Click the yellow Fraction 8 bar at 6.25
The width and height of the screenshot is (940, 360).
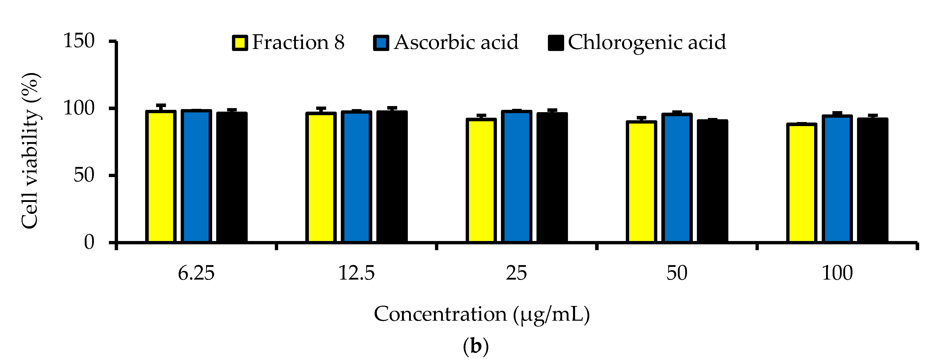[161, 177]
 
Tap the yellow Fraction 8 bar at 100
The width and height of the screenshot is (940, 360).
[801, 183]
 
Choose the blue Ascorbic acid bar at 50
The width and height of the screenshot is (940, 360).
[677, 178]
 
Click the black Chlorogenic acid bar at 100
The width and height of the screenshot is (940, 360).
[872, 181]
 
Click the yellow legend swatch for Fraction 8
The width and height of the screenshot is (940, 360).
[240, 43]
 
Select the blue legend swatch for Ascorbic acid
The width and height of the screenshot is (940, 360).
[381, 43]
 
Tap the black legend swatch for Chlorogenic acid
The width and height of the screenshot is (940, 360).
[556, 43]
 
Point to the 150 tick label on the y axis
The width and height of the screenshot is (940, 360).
[79, 41]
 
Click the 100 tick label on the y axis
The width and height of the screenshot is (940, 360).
[79, 108]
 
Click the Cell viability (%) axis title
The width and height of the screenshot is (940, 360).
[30, 151]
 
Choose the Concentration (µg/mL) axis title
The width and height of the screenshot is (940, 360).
[482, 314]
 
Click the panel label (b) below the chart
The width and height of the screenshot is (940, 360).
[476, 346]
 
